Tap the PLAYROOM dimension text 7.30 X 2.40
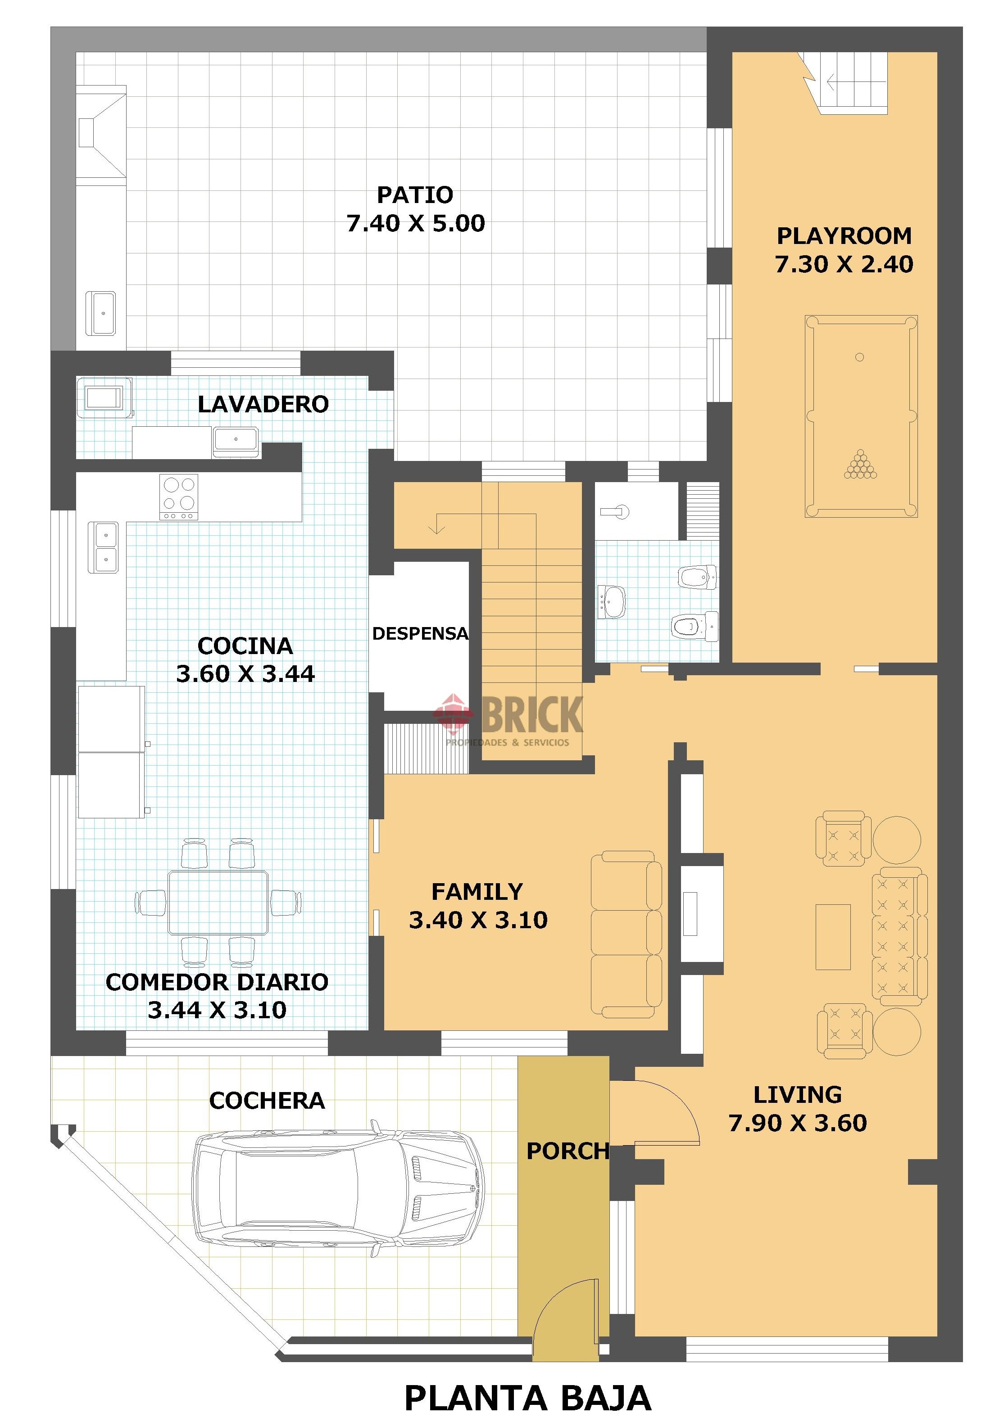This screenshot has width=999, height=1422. click(x=844, y=264)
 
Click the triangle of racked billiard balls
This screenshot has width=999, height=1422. click(x=861, y=465)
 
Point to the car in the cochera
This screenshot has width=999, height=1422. click(x=338, y=1188)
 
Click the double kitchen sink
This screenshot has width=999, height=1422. click(x=103, y=547)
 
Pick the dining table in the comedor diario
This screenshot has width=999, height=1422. click(x=218, y=903)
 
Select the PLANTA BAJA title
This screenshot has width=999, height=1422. click(x=527, y=1398)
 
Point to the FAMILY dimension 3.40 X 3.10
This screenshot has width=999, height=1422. click(x=478, y=920)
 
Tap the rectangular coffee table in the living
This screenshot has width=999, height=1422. click(x=833, y=936)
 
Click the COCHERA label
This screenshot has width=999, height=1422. click(x=267, y=1100)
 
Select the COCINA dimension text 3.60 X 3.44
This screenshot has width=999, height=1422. click(x=245, y=673)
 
